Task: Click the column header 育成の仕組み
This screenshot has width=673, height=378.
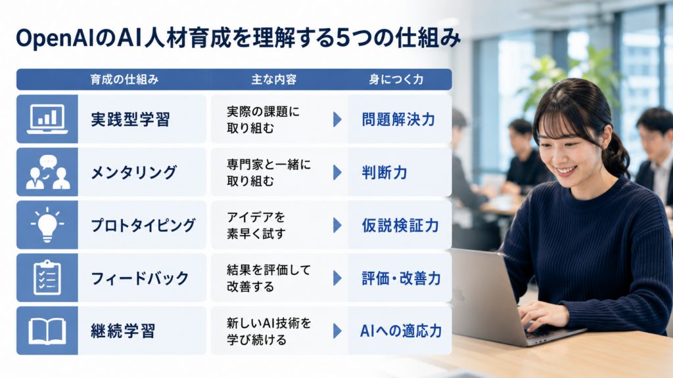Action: [124, 79]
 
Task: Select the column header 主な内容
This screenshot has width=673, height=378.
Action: [274, 79]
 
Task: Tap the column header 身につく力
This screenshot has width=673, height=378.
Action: [396, 79]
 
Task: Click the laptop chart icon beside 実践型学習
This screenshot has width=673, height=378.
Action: [47, 119]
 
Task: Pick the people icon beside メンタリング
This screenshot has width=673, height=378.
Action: [47, 172]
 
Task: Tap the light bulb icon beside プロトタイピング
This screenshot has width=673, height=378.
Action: [47, 224]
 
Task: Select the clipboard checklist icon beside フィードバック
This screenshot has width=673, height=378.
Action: [47, 278]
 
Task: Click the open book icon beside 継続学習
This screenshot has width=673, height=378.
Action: [47, 331]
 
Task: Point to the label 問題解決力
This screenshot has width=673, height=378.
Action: [398, 119]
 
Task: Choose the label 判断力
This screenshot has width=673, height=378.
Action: [384, 173]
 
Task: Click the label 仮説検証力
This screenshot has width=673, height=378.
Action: [400, 226]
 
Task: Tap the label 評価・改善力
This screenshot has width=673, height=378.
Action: [401, 278]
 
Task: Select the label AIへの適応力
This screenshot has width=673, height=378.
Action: [401, 331]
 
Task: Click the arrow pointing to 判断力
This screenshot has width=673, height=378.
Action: [337, 173]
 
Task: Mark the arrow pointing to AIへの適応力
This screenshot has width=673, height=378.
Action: [337, 331]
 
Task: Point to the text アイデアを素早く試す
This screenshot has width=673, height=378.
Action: [256, 226]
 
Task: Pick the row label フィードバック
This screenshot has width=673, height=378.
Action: [140, 278]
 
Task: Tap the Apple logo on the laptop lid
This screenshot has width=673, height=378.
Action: [459, 293]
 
